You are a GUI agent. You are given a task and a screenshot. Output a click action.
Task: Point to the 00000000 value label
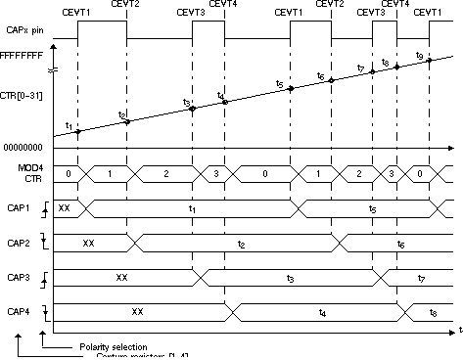(23, 146)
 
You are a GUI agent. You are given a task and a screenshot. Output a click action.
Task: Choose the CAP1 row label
(18, 207)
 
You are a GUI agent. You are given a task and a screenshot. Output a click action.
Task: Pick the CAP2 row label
(18, 242)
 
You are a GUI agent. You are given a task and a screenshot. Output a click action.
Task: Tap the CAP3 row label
(18, 277)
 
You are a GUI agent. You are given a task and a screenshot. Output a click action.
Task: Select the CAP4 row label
(18, 312)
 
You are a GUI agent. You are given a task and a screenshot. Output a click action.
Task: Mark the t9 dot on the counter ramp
(429, 60)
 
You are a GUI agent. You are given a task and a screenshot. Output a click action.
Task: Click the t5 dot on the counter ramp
(291, 88)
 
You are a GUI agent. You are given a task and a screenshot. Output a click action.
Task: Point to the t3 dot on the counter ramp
(193, 108)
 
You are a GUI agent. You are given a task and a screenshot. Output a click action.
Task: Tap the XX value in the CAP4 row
(137, 312)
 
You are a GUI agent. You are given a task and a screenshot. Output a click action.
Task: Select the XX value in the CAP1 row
(65, 208)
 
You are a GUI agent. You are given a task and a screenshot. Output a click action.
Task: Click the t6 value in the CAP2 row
(402, 243)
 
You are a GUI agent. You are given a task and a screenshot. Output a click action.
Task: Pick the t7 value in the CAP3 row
(421, 278)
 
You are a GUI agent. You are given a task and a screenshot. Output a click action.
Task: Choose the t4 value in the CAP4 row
(323, 313)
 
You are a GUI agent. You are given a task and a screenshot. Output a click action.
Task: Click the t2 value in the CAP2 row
(241, 243)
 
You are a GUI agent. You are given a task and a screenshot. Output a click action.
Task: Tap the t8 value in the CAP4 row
(434, 313)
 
